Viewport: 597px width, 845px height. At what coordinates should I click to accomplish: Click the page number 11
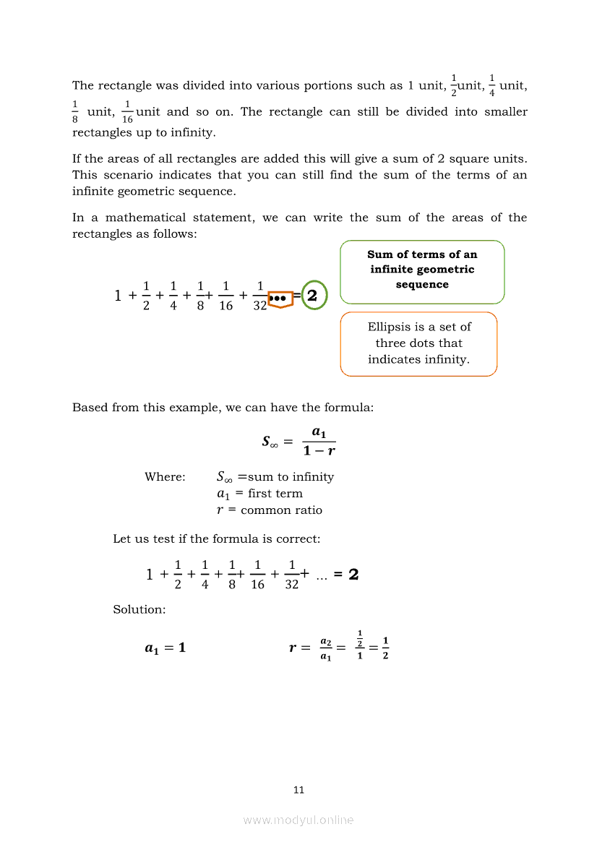pos(298,790)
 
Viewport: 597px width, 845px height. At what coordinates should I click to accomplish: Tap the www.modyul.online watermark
pos(298,820)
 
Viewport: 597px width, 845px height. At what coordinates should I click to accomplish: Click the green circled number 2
pos(313,296)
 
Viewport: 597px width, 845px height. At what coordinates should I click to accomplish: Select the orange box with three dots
pos(280,297)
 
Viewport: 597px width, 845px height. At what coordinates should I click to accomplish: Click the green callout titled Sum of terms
pos(422,271)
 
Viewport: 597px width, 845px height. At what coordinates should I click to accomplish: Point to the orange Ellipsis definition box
pos(418,343)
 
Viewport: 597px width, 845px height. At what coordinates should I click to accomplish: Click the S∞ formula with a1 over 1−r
pos(298,441)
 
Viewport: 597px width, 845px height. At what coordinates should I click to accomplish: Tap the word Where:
pos(165,477)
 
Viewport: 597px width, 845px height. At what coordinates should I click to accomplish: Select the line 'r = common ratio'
pos(270,510)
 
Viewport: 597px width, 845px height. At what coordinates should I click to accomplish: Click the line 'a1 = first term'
pos(259,494)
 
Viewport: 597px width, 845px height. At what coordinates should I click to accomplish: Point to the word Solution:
pos(139,610)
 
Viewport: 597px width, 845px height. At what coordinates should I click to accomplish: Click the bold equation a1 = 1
pos(165,648)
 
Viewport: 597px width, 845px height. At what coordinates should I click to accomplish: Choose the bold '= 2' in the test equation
pos(346,575)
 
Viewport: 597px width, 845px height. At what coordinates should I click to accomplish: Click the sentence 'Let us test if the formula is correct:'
pos(217,539)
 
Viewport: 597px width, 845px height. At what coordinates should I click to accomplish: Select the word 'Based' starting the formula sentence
pos(89,408)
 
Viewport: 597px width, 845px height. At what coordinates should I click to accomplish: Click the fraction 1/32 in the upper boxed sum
pos(259,296)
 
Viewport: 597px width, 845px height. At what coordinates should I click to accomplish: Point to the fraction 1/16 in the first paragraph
pos(127,112)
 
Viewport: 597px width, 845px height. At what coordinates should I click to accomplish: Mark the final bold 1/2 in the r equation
pos(385,648)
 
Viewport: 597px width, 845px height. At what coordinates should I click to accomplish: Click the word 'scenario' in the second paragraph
pos(130,176)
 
